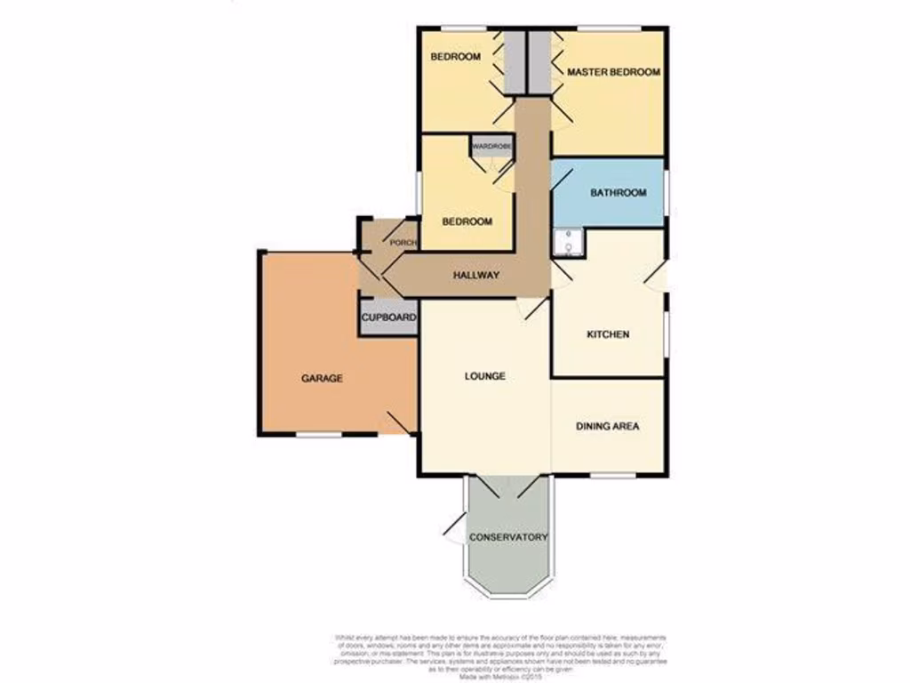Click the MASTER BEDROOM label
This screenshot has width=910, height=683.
(613, 72)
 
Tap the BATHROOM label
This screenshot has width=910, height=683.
(619, 192)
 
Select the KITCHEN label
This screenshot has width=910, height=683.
(608, 334)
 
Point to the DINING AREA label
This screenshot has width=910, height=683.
(608, 426)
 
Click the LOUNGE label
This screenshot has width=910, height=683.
(485, 375)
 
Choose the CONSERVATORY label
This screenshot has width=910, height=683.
(507, 537)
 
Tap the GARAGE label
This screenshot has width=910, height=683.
(322, 378)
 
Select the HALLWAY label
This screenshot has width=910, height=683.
(476, 276)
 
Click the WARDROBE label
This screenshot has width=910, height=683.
(491, 146)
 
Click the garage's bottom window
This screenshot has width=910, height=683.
(319, 435)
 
